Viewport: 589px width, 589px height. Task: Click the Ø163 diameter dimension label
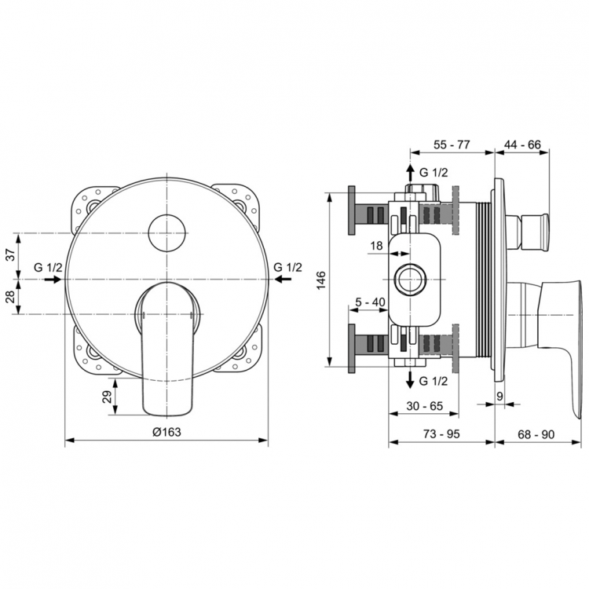(x=166, y=431)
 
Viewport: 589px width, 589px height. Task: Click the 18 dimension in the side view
(x=375, y=246)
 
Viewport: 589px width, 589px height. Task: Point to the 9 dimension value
(x=499, y=396)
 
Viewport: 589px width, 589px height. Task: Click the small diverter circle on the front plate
(x=166, y=231)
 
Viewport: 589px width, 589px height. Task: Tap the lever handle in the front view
(x=166, y=346)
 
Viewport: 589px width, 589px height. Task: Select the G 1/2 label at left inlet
(x=49, y=267)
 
